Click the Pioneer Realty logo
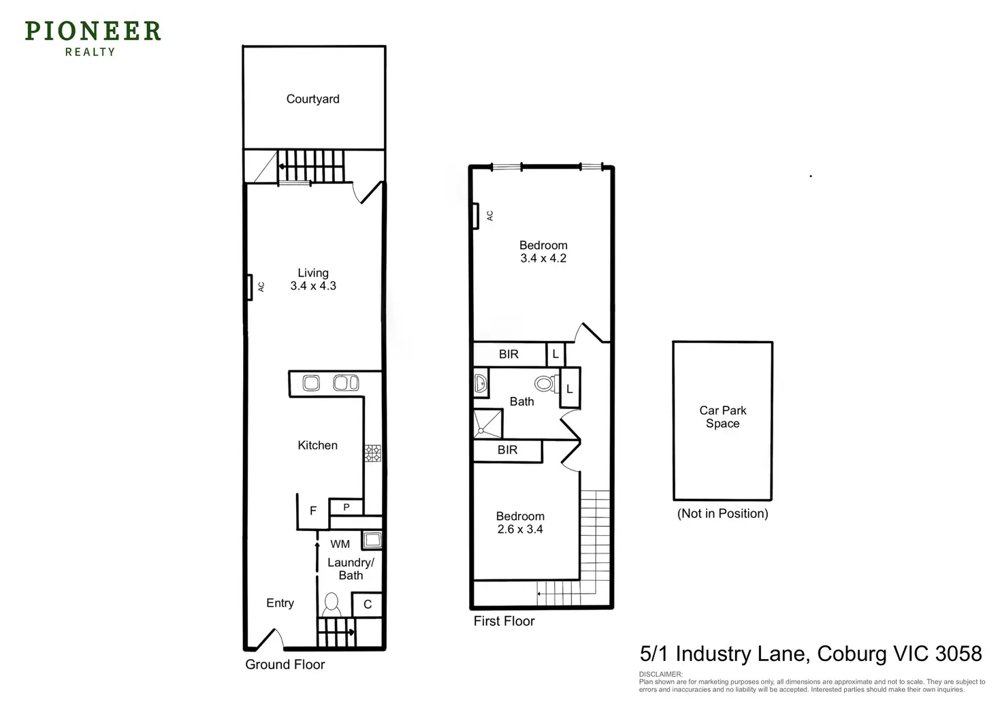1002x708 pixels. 93,38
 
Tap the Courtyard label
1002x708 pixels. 312,99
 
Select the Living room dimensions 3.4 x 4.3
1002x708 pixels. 313,286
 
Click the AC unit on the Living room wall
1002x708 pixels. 250,287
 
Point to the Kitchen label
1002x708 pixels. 317,445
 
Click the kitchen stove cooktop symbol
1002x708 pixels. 372,453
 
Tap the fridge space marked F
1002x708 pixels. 313,511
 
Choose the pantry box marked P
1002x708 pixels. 346,507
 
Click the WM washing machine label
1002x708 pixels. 340,544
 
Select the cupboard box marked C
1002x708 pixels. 368,605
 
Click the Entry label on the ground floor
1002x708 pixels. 280,603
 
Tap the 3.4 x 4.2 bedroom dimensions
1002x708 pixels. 543,259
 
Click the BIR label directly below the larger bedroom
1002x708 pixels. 508,354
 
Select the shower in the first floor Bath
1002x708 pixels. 487,423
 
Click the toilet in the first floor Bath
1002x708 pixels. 545,384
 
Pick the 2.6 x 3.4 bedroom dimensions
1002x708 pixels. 520,530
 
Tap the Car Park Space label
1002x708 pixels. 722,417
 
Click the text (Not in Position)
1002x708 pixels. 722,513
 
